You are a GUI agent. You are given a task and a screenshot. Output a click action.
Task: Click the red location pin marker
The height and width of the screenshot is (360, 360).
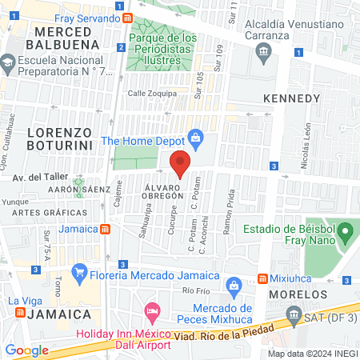click(x=180, y=164)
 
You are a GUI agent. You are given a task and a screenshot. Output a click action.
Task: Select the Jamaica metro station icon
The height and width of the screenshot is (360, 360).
click(x=105, y=230)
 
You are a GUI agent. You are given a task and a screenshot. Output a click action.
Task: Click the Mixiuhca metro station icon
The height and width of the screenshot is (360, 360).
click(x=262, y=278)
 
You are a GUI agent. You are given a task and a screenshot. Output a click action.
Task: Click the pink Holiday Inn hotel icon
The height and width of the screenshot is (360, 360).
click(x=150, y=310)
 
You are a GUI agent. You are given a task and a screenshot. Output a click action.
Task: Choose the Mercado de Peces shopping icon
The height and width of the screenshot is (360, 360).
click(x=234, y=285)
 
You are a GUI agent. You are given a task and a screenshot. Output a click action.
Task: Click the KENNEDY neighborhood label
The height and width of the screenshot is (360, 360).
click(x=291, y=98)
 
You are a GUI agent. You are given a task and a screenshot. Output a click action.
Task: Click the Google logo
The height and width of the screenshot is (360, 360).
click(x=26, y=350)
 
